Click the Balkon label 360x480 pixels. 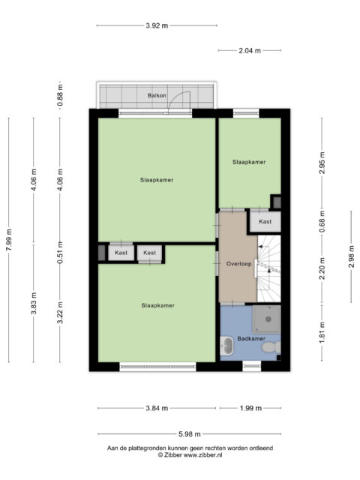(157, 95)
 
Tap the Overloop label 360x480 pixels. (238, 264)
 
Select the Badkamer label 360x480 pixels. (251, 338)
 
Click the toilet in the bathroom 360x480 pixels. (271, 347)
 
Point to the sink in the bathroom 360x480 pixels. (226, 346)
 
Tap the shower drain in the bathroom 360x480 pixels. (268, 319)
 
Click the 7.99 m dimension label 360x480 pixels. (8, 240)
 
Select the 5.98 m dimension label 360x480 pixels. (190, 434)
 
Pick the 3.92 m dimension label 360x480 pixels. (157, 25)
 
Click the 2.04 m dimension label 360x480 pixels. (250, 51)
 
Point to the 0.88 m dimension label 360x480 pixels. (60, 95)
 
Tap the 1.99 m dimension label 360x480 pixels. (250, 408)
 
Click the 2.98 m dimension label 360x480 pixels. (352, 256)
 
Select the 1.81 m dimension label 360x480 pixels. (322, 333)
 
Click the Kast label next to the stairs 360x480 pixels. (265, 221)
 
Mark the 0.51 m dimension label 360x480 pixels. (60, 253)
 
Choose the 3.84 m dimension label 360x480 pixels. (157, 408)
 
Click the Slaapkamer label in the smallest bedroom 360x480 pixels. (249, 162)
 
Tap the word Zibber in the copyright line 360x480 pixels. (173, 455)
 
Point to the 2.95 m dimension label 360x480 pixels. (322, 163)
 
